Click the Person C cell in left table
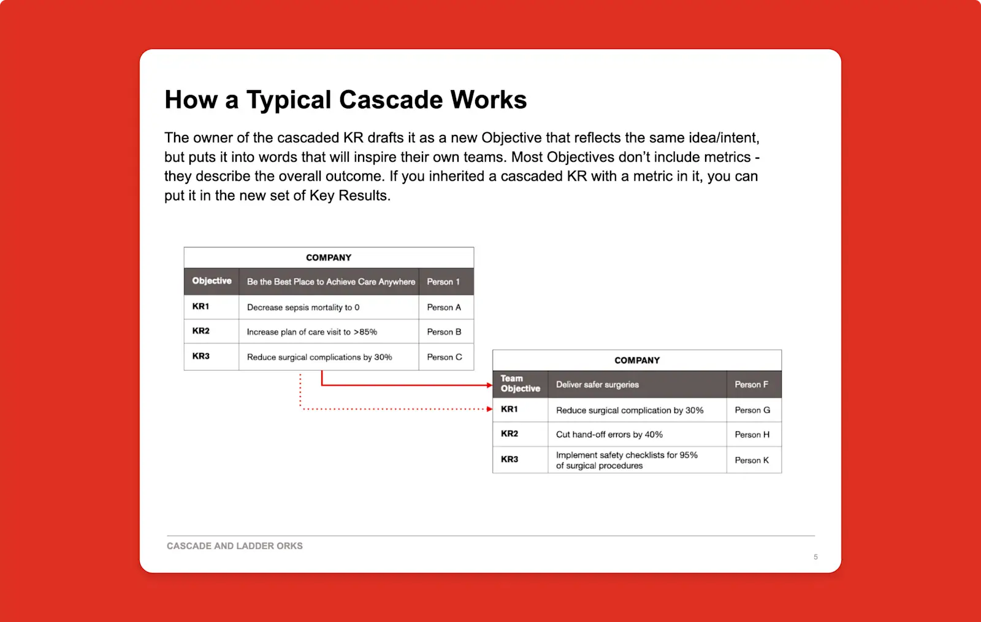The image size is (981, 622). tap(445, 357)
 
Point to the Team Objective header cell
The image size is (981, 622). tap(520, 384)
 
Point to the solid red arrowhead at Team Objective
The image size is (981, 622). tap(489, 385)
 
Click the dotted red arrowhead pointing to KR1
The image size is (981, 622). tap(489, 409)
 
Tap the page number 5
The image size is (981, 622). tap(815, 557)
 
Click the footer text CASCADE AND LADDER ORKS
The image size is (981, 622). tap(235, 545)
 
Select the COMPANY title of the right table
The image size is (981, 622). tap(637, 360)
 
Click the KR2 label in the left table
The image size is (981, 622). tap(201, 331)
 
